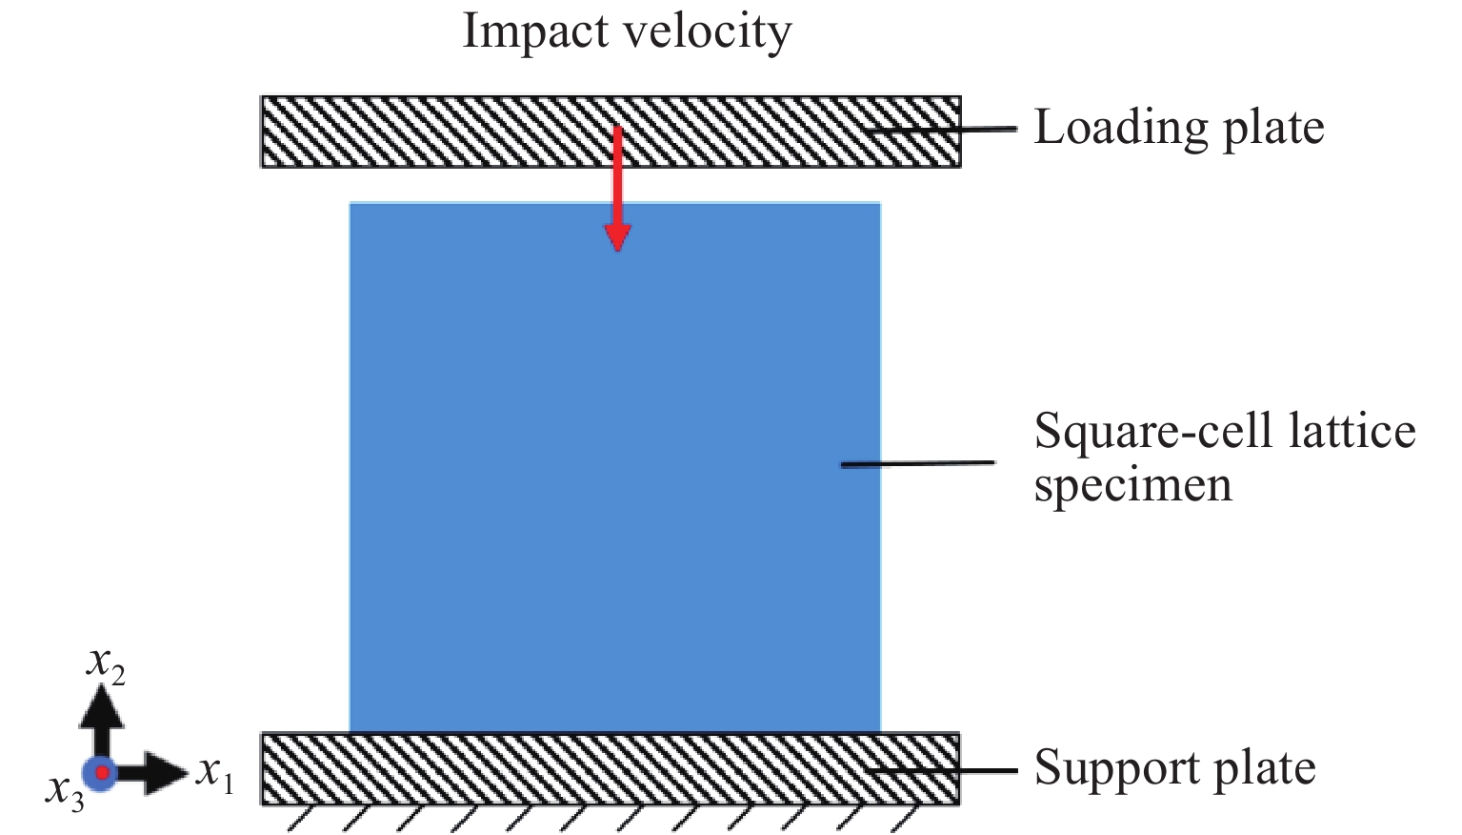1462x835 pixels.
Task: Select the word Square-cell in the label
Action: click(x=1152, y=432)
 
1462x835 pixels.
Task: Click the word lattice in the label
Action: click(x=1352, y=431)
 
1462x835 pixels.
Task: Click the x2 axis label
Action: click(x=105, y=663)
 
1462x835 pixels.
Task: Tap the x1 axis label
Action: click(x=214, y=773)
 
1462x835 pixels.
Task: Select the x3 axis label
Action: click(x=65, y=790)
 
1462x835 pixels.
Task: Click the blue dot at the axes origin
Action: click(x=100, y=772)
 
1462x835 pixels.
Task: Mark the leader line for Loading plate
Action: click(x=943, y=129)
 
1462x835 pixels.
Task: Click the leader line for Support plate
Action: click(x=943, y=769)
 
